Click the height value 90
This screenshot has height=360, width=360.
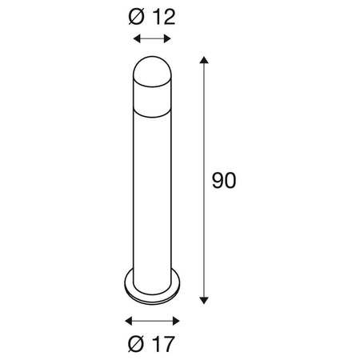tap(225, 181)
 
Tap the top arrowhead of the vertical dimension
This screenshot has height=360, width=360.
tap(206, 61)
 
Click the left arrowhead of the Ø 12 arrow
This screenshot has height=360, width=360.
tap(135, 38)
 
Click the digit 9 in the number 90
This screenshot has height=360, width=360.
tap(218, 181)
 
